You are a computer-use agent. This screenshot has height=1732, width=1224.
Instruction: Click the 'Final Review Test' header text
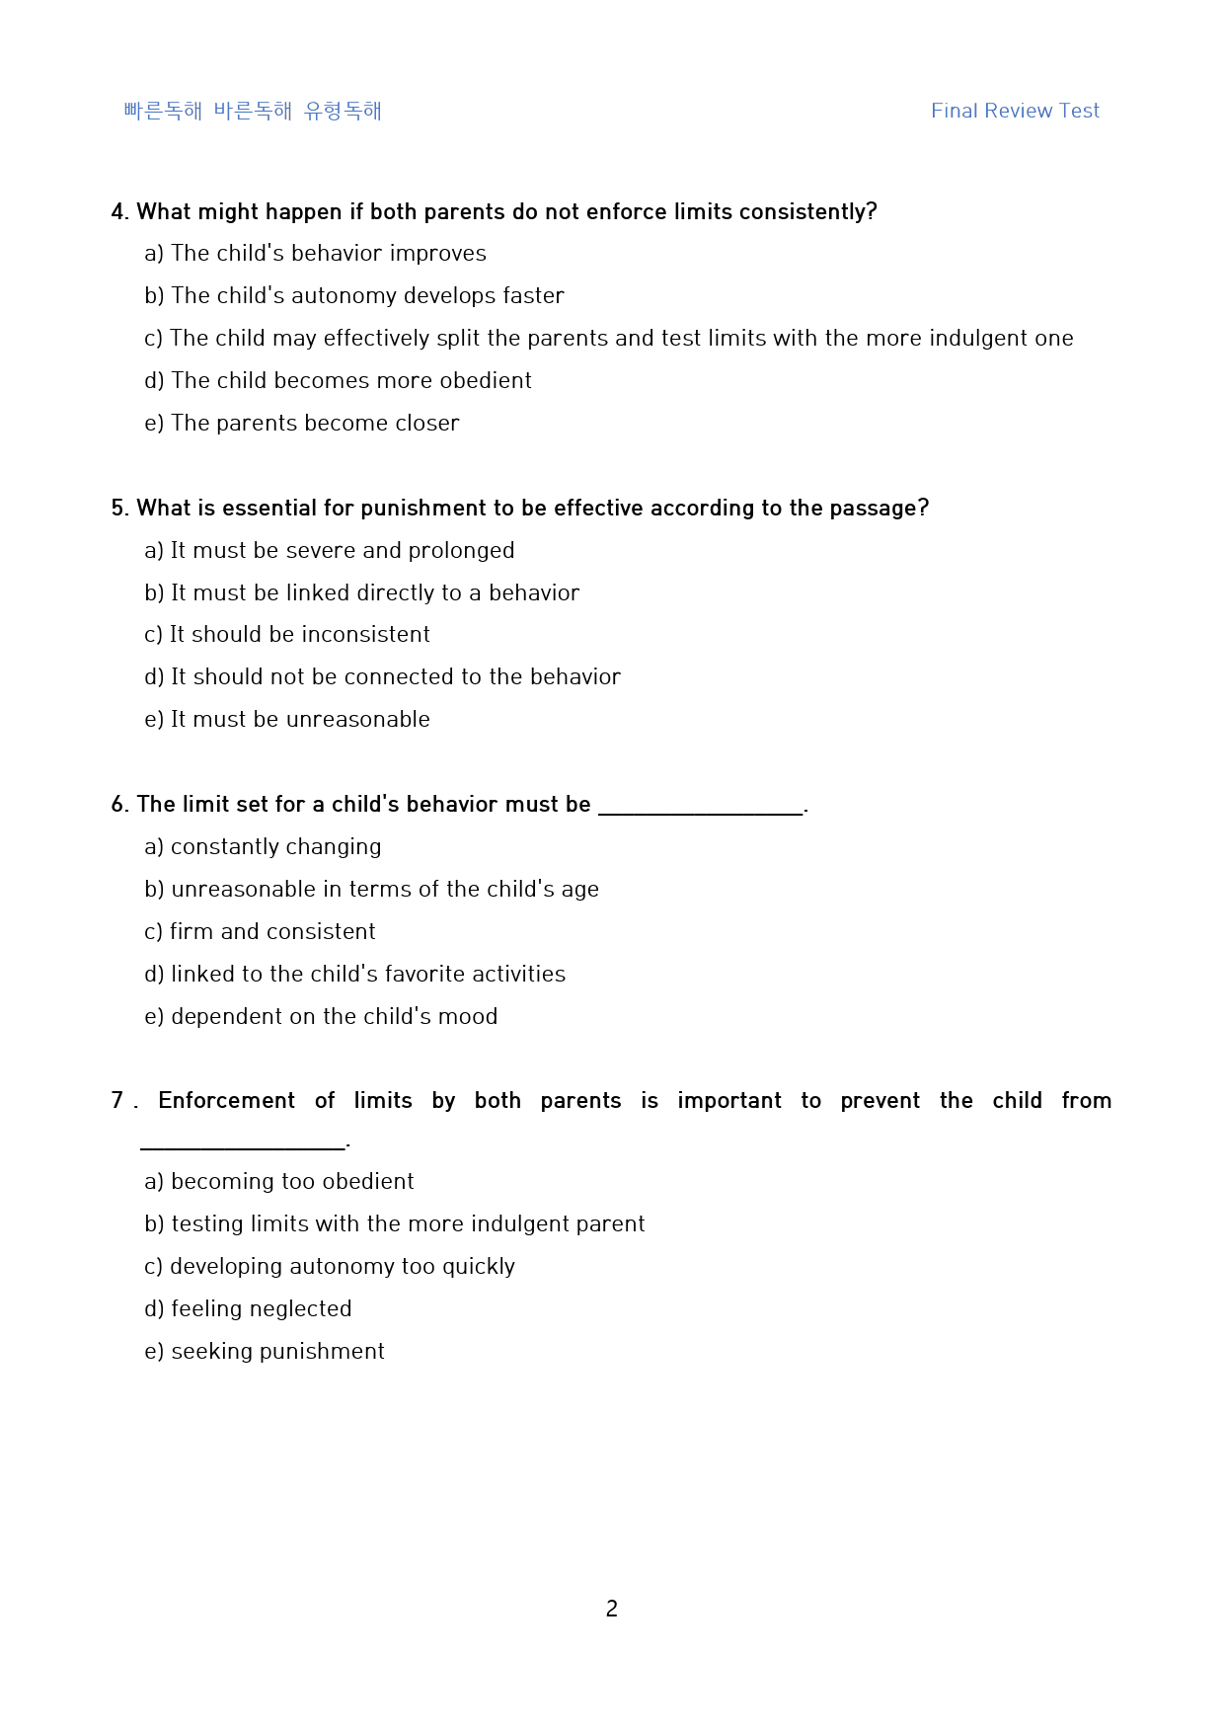[x=1015, y=111]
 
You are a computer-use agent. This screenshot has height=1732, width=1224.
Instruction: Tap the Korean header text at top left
[x=253, y=111]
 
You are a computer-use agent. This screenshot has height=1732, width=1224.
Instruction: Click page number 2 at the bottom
[x=612, y=1609]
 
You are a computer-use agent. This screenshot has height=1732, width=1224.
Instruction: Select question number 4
[x=119, y=212]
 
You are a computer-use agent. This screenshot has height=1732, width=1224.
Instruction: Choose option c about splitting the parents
[x=608, y=338]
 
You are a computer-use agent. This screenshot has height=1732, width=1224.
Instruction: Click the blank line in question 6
[x=701, y=808]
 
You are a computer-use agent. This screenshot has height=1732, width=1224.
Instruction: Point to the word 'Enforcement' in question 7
[x=226, y=1101]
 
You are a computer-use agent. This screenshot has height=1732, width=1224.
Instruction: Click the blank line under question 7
[x=243, y=1143]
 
